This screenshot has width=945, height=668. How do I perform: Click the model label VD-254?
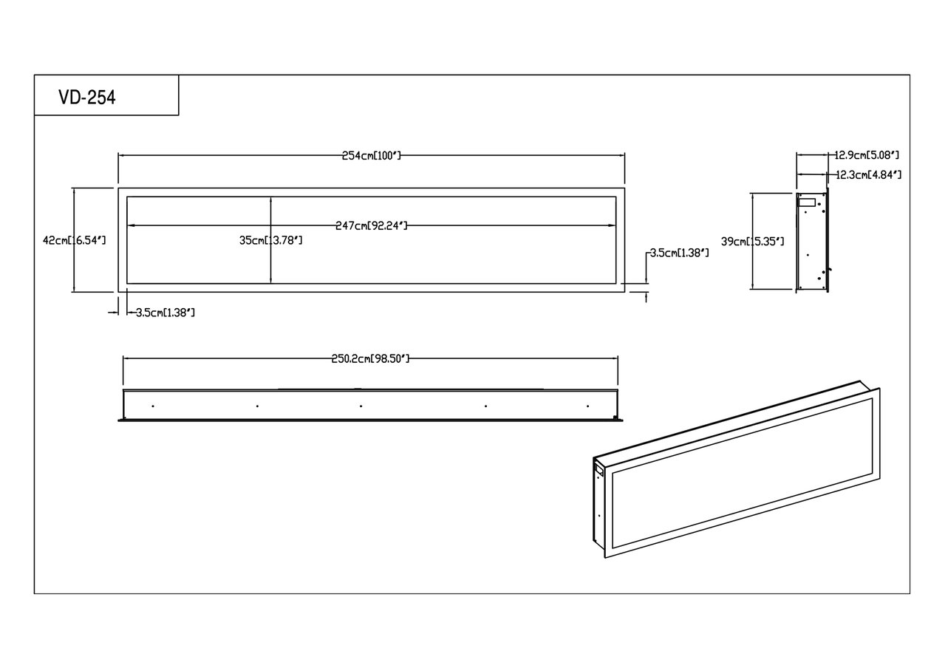point(87,98)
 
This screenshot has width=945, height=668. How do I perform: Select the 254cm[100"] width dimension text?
point(371,156)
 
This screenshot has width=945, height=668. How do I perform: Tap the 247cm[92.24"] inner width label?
point(371,226)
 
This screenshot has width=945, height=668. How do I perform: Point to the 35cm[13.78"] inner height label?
point(271,241)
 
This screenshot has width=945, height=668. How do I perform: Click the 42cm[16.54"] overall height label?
point(74,241)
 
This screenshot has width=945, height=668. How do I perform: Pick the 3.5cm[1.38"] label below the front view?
point(166,313)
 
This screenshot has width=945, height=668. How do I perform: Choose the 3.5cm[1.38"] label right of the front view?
point(679,253)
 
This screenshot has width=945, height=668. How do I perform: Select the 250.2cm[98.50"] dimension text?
point(370,358)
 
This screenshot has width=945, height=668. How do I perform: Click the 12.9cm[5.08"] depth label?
point(867,155)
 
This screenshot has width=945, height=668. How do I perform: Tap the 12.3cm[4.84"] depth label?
point(869,174)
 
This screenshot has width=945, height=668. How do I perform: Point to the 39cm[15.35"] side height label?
point(753,242)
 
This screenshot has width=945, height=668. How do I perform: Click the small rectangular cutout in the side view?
point(807,202)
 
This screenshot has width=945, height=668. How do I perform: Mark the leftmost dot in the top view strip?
point(153,406)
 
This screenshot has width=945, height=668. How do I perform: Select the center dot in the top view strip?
point(361,406)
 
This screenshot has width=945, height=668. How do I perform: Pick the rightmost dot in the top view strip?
point(587,406)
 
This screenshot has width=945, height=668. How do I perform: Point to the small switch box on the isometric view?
point(598,469)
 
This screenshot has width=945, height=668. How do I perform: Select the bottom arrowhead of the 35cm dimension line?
point(271,280)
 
